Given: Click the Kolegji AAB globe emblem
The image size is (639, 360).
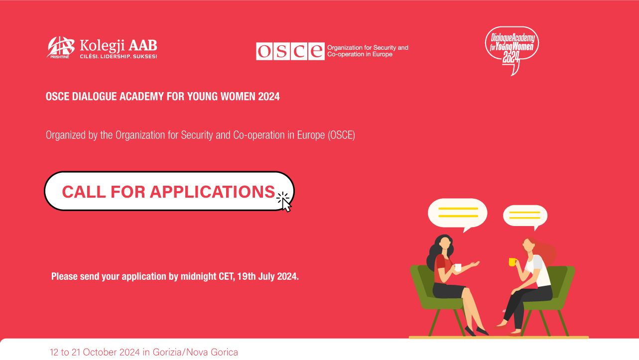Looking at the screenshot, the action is click(x=61, y=47).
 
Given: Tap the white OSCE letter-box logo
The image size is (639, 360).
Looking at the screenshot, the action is click(x=290, y=51).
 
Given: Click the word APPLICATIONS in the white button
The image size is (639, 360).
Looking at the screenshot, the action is click(x=213, y=192).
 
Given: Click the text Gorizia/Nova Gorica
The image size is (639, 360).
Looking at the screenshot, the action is click(x=195, y=352).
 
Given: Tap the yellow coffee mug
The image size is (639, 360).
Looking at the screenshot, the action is click(x=512, y=262).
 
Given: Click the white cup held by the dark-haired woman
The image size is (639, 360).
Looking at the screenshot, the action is click(x=458, y=267).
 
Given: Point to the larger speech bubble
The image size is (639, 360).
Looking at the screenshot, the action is click(x=458, y=214).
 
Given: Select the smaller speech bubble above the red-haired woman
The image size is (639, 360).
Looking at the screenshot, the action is click(x=525, y=216).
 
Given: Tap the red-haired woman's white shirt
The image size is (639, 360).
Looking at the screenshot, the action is click(x=538, y=271).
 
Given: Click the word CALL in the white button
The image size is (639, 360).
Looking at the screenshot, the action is click(x=84, y=192).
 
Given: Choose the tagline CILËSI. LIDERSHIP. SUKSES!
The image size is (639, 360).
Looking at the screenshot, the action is click(x=119, y=56).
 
